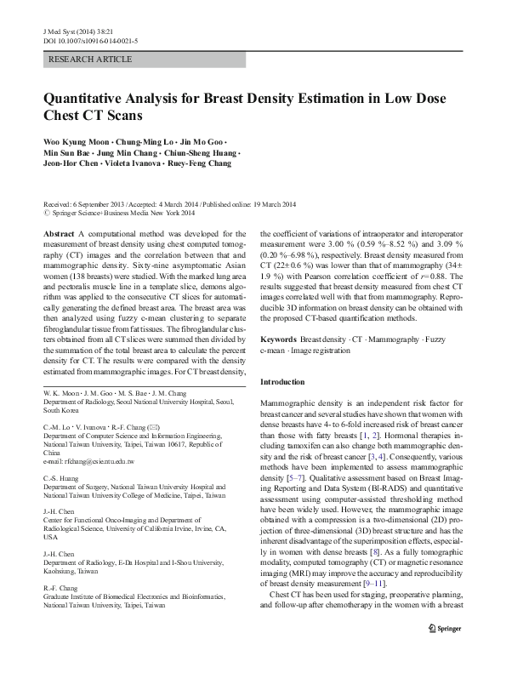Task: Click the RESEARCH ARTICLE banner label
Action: coord(91,60)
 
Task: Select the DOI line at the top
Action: coord(91,41)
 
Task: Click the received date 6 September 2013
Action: coord(100,205)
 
